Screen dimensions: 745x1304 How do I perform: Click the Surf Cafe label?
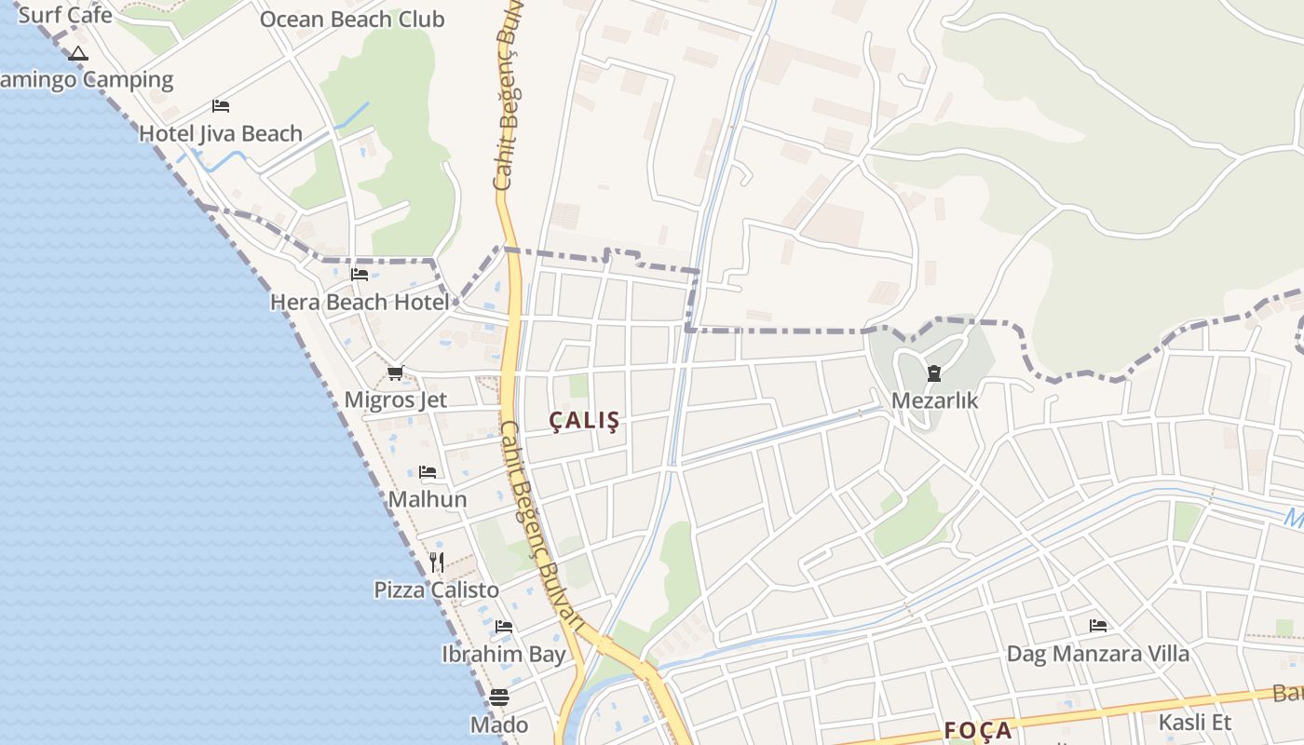[x=65, y=15]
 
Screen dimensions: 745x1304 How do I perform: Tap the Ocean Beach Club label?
[x=352, y=20]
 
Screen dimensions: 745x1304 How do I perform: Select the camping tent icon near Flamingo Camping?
[x=78, y=53]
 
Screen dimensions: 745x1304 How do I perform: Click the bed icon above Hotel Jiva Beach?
[x=221, y=106]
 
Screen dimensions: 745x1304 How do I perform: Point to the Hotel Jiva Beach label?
[x=221, y=133]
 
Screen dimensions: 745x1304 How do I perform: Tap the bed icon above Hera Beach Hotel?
[x=360, y=275]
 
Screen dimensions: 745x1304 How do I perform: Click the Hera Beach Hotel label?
[x=360, y=302]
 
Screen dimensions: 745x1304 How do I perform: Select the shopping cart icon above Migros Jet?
[x=396, y=373]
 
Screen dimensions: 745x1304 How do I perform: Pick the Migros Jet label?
[x=396, y=400]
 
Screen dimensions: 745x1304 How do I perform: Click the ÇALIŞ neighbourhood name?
[x=584, y=421]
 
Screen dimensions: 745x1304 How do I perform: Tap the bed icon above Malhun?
[x=428, y=472]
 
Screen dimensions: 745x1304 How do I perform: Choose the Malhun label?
[x=428, y=499]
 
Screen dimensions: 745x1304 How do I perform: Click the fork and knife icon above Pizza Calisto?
[x=437, y=562]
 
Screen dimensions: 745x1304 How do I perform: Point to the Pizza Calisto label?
[x=437, y=589]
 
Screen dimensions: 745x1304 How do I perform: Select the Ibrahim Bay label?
[x=504, y=654]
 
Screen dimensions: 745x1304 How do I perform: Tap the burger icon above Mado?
[x=499, y=698]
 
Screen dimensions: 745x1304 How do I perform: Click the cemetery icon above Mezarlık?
[x=934, y=373]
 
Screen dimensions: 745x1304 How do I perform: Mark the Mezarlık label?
[x=934, y=400]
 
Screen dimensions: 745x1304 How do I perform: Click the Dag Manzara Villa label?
[x=1098, y=653]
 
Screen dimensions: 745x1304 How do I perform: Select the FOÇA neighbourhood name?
[x=978, y=730]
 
